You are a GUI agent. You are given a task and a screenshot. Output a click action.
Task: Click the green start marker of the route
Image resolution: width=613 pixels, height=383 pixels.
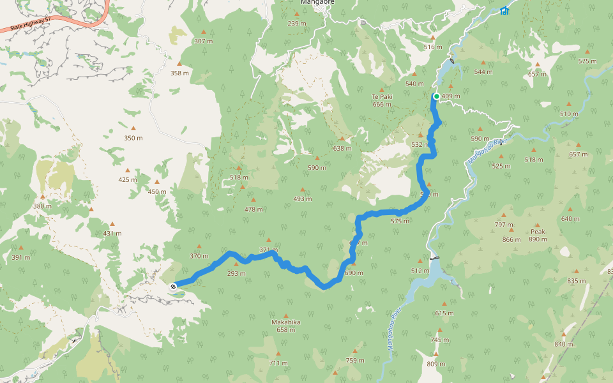coord(437,96)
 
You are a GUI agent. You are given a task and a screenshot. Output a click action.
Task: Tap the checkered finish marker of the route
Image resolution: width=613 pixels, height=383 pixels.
coord(173,287)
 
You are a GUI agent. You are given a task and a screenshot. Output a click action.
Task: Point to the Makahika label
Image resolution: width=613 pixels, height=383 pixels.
coord(285,322)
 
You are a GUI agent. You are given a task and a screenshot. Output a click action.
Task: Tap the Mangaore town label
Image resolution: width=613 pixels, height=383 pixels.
coord(317,3)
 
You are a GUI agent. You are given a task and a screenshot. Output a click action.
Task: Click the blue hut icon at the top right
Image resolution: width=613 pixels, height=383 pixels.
coord(505,10)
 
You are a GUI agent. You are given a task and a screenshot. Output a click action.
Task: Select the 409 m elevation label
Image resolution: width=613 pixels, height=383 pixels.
coord(451,96)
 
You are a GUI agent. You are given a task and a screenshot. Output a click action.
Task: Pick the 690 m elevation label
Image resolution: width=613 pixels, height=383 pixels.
coord(354,273)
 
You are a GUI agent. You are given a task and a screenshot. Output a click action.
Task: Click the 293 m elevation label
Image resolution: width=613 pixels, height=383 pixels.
coord(236,273)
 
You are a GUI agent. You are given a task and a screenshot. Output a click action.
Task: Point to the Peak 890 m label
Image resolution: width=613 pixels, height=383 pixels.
coord(538,236)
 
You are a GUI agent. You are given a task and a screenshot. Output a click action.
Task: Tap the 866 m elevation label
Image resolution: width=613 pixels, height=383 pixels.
coord(511,239)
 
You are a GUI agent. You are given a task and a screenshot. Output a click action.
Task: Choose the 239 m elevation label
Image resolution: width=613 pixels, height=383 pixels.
coord(297,24)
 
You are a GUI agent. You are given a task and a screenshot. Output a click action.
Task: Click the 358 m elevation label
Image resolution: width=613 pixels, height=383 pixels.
coord(179,73)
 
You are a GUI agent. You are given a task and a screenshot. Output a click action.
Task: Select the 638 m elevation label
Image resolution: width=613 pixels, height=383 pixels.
coord(342,148)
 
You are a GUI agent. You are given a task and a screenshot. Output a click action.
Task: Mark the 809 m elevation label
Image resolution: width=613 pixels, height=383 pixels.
coord(435,363)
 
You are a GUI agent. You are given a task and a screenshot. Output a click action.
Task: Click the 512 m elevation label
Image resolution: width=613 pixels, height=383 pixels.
coord(420,270)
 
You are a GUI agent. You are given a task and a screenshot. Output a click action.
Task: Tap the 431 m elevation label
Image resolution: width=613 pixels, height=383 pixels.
coord(112,233)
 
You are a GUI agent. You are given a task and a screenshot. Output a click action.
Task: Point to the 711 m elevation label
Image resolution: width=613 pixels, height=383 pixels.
coord(278,363)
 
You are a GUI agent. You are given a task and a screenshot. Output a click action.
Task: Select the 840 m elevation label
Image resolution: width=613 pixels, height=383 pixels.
coord(564,344)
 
